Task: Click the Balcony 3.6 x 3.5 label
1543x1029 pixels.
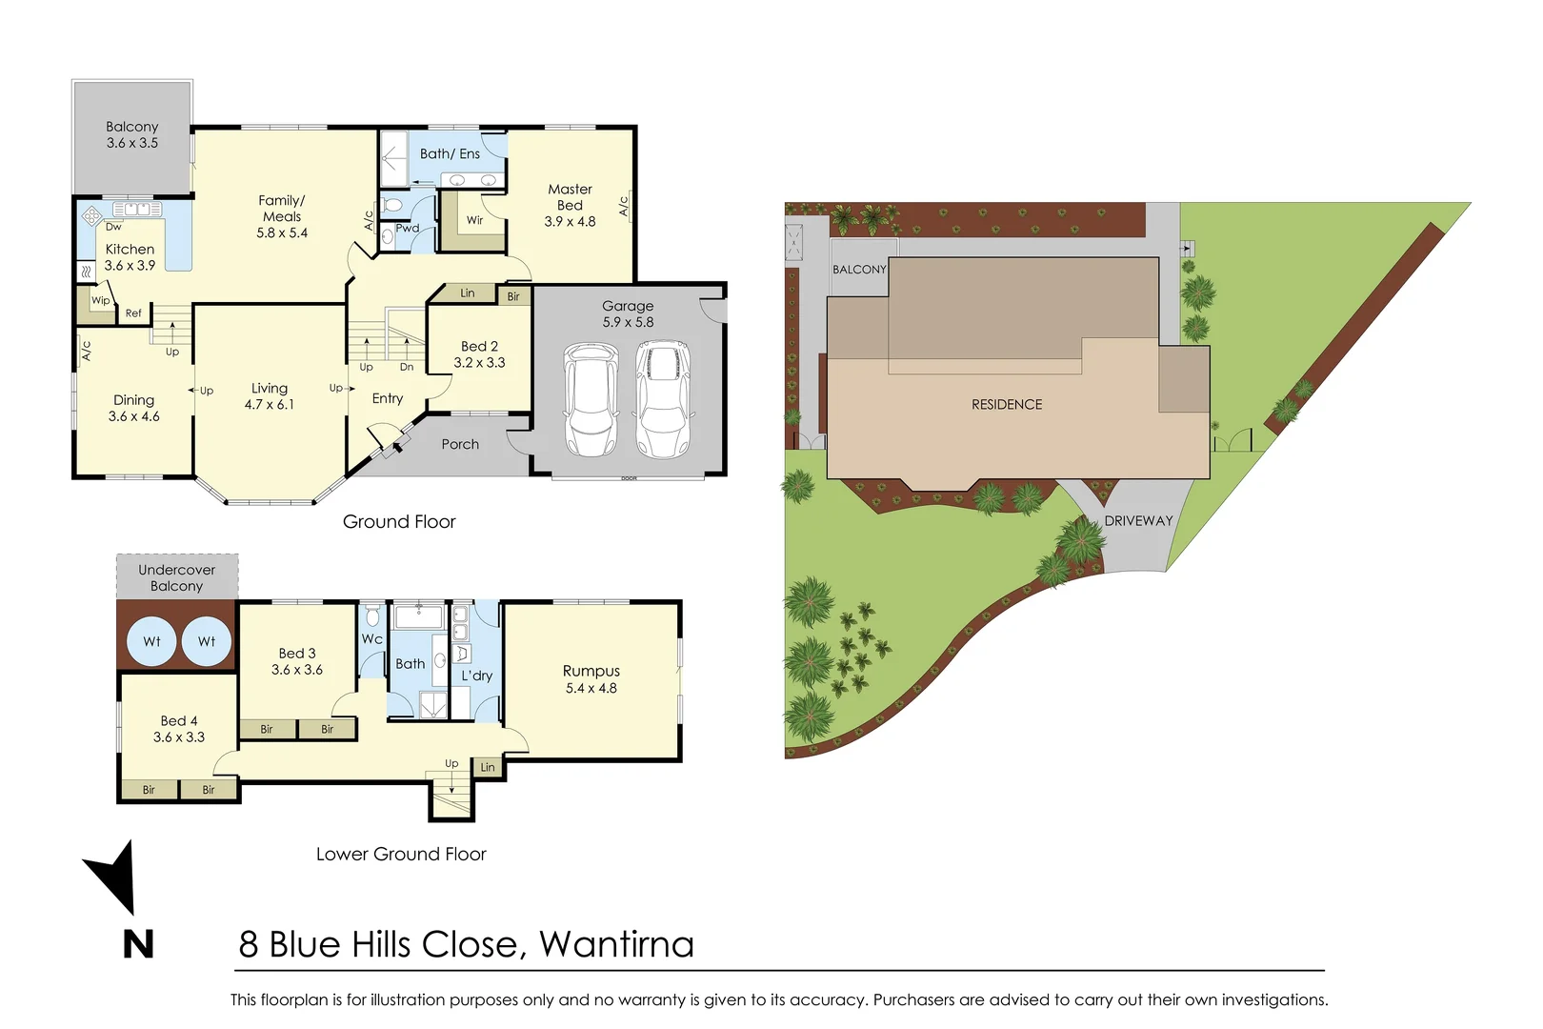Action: point(132,134)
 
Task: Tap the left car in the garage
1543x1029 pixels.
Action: point(591,400)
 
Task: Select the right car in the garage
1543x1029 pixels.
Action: point(663,400)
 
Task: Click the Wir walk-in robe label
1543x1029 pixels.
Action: point(474,220)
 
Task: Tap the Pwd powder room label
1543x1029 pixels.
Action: point(408,229)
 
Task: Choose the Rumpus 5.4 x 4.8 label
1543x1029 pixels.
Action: point(591,679)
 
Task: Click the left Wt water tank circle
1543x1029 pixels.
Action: point(151,641)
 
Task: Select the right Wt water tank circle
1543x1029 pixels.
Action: point(207,641)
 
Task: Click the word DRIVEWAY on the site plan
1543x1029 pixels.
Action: point(1138,521)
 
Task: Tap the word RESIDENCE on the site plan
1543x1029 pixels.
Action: point(1007,405)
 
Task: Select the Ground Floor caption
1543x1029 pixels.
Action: point(399,522)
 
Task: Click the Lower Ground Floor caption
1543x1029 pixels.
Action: point(401,855)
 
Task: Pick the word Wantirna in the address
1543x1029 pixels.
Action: point(616,944)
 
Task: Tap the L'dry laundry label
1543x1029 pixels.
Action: point(476,676)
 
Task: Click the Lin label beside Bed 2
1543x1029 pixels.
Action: point(467,293)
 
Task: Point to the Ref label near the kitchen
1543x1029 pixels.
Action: point(133,313)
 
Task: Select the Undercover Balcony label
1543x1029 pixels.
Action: point(176,578)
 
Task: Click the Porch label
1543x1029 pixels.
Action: point(460,444)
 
